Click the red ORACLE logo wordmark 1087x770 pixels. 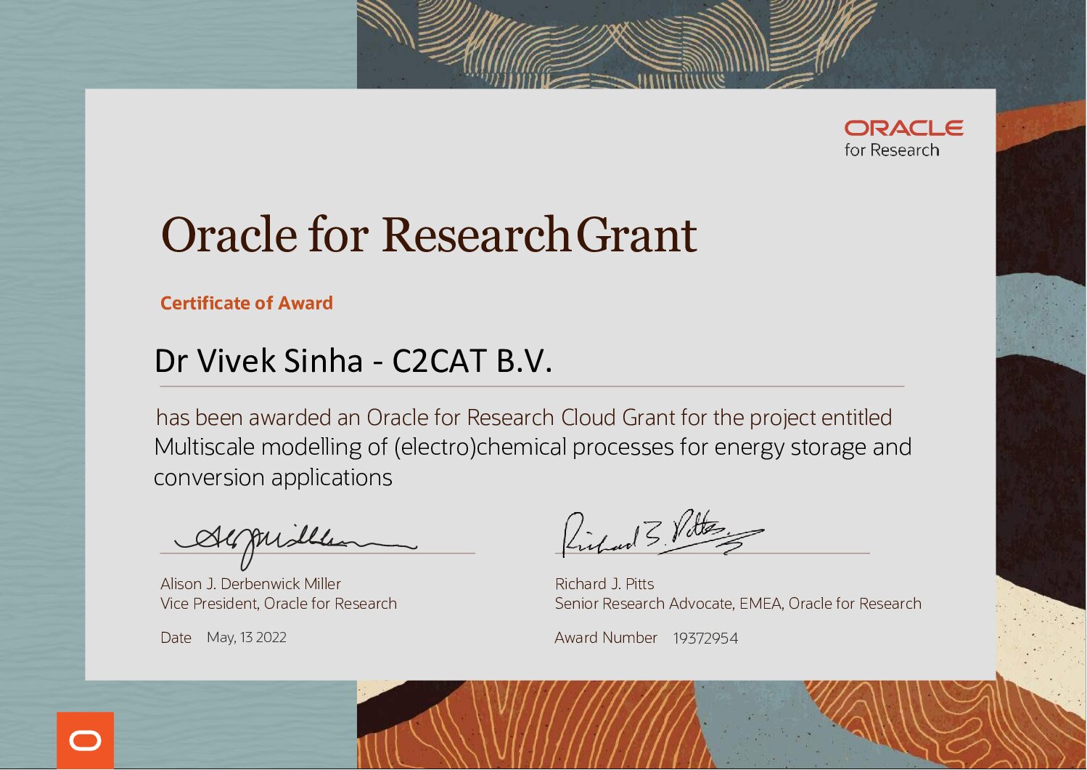tap(903, 129)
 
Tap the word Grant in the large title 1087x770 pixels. tap(636, 235)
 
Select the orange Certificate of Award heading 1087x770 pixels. tap(247, 303)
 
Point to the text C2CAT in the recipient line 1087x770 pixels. tap(440, 361)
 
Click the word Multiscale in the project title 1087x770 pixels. tap(205, 447)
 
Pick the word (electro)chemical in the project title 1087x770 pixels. tap(480, 447)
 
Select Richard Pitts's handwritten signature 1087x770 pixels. tap(663, 533)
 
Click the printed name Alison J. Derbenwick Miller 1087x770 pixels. tap(250, 583)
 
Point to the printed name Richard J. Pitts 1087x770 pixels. tap(604, 583)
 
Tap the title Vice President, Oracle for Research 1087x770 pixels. tap(279, 604)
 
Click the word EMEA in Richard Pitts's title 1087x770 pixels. tap(760, 604)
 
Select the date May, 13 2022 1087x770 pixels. tap(247, 637)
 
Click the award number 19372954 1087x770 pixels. tap(705, 638)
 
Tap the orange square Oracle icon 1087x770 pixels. tap(86, 740)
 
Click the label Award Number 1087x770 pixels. tap(606, 637)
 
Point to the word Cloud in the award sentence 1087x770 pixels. tap(588, 417)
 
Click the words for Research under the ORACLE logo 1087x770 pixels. tap(891, 150)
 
